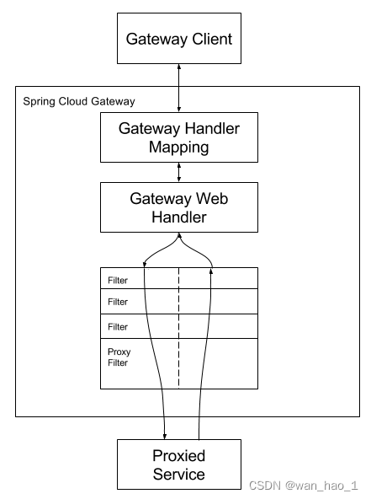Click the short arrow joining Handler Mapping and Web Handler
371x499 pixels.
click(x=178, y=173)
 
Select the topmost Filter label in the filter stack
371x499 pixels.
click(x=118, y=279)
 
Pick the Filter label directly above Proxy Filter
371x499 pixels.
click(x=118, y=326)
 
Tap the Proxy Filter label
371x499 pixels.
click(x=119, y=357)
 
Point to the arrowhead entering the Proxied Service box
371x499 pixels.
click(x=164, y=435)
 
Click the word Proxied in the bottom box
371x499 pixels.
click(x=178, y=456)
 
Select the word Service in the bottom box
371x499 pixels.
click(x=178, y=475)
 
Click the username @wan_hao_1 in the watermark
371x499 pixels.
click(x=322, y=486)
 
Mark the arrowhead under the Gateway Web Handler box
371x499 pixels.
click(x=178, y=236)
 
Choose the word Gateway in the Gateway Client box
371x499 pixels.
click(x=155, y=39)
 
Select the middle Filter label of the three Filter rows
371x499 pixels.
click(x=118, y=302)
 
